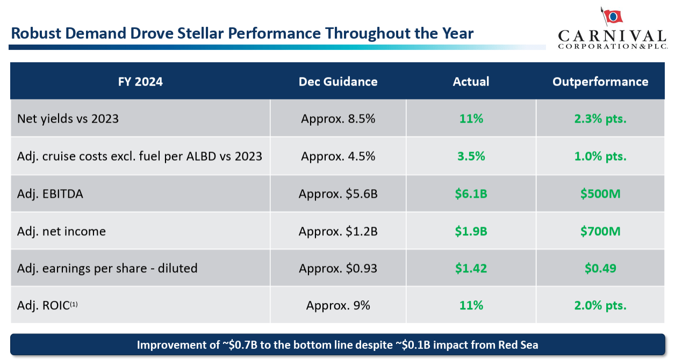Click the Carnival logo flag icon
[613, 17]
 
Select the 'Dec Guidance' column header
[338, 82]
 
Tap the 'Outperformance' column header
[600, 82]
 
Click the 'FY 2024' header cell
[140, 82]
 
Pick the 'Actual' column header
[471, 82]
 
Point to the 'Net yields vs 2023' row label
[68, 119]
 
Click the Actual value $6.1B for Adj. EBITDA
[471, 193]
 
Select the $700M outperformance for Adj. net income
[600, 231]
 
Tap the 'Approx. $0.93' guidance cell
[338, 268]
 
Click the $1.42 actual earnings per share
[471, 268]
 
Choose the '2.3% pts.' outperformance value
[600, 119]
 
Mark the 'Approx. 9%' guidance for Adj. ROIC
[338, 305]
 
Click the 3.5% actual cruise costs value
[471, 156]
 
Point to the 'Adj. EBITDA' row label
[50, 193]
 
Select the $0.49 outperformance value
[600, 268]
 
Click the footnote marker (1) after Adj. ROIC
[74, 304]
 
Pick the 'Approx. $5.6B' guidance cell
[338, 193]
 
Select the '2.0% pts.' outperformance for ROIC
[600, 305]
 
